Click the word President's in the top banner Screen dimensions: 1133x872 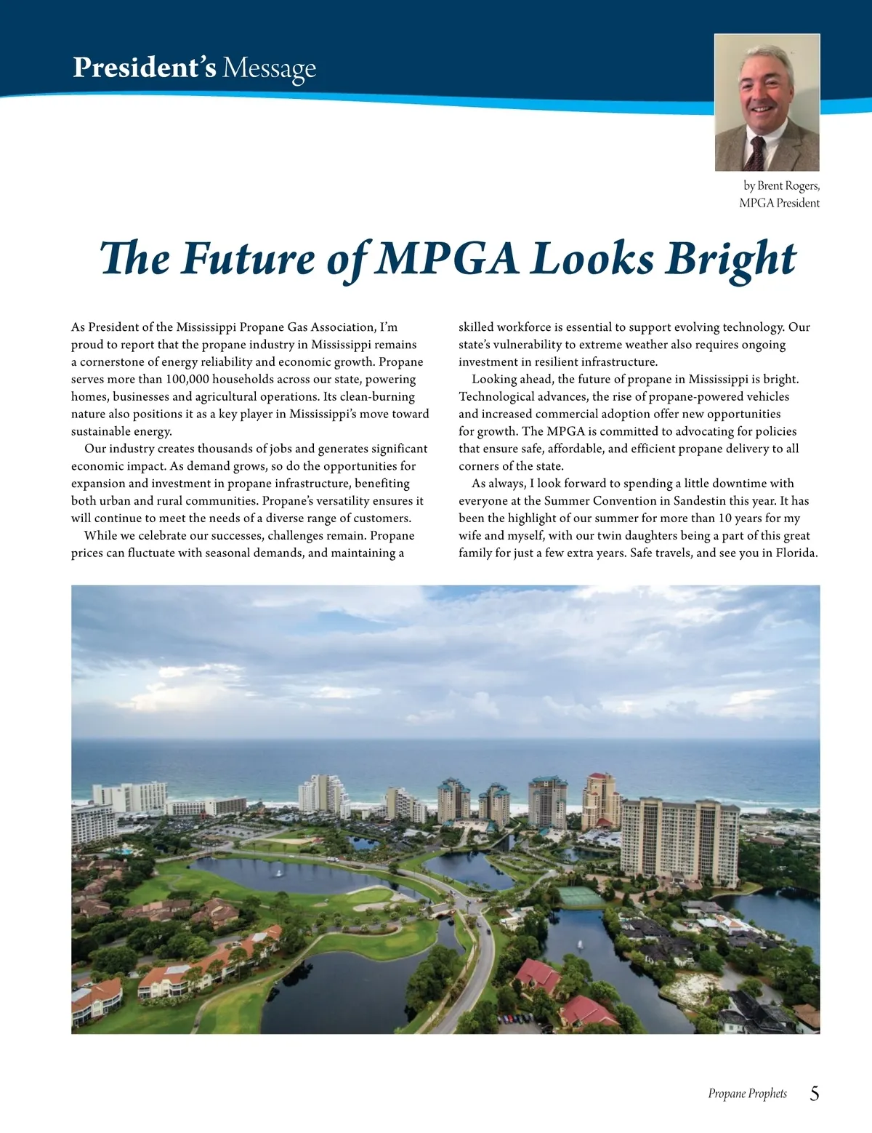pyautogui.click(x=144, y=68)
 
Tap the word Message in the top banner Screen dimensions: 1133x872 pyautogui.click(x=269, y=68)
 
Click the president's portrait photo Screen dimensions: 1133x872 pyautogui.click(x=767, y=102)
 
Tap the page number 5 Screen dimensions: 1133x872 pyautogui.click(x=814, y=1093)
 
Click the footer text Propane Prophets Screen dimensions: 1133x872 pyautogui.click(x=747, y=1094)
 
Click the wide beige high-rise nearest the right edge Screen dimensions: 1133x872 pyautogui.click(x=679, y=836)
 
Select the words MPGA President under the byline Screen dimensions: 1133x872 pyautogui.click(x=779, y=203)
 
